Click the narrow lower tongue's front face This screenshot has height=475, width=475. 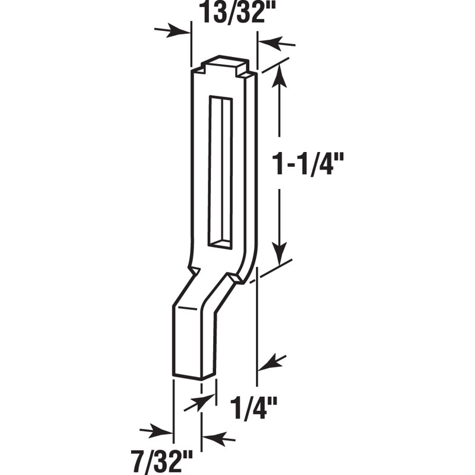coord(187,341)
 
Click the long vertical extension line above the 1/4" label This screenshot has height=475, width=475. coord(257,321)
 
